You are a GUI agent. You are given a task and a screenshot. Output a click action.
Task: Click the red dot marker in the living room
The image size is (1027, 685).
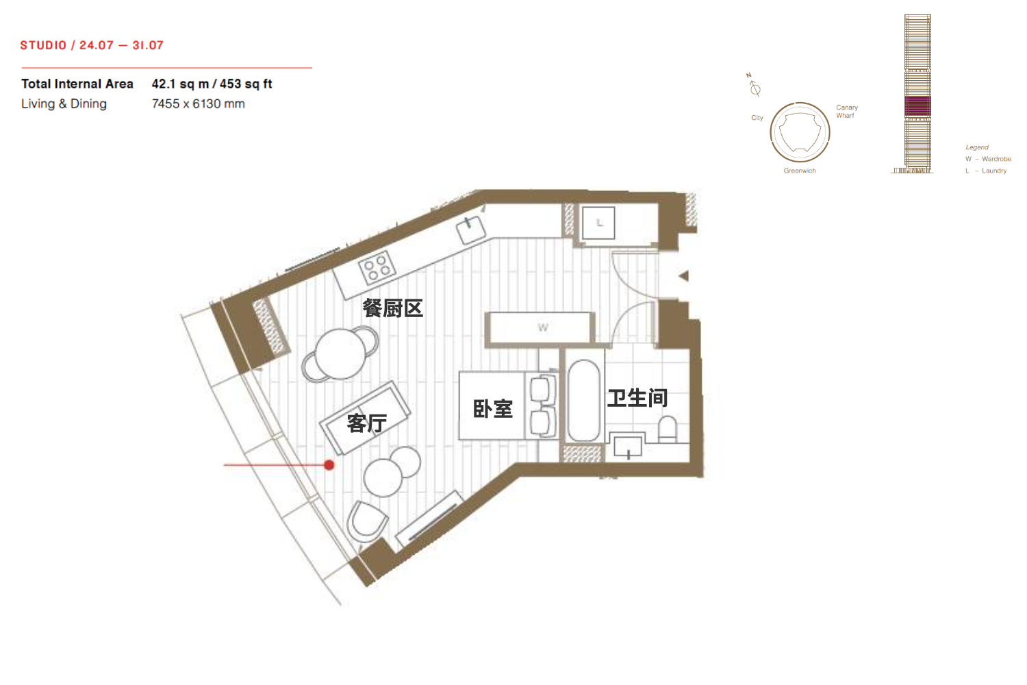[329, 464]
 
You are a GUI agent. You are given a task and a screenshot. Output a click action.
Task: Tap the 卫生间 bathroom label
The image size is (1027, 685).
[637, 398]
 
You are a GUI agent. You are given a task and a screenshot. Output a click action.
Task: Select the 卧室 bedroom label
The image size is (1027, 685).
[492, 408]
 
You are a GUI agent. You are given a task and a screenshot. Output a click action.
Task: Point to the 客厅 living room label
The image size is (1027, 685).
[366, 423]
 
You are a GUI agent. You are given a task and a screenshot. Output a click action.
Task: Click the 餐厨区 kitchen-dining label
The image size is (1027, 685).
[392, 308]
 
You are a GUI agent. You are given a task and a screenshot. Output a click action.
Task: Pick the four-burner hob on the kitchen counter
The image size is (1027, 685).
[377, 267]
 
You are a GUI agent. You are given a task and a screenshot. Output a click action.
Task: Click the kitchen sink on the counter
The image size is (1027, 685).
[471, 229]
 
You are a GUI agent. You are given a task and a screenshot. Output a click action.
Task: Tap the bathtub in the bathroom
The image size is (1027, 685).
[583, 400]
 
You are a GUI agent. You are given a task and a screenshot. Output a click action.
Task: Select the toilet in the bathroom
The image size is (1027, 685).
[667, 429]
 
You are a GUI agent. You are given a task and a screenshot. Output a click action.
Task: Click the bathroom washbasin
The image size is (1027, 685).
[628, 445]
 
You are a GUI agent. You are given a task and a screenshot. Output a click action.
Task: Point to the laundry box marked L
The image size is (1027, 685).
[598, 223]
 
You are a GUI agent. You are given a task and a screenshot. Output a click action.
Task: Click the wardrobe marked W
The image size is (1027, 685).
[540, 328]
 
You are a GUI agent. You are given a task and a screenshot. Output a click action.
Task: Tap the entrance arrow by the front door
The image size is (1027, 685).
[683, 276]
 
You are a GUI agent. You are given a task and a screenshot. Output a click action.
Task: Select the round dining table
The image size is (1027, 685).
[340, 353]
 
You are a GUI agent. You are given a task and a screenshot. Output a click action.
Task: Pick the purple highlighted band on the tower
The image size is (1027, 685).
[917, 106]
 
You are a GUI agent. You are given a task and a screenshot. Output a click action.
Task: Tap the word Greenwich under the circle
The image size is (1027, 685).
[800, 171]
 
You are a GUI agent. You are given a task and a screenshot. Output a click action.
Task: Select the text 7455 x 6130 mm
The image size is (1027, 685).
[198, 103]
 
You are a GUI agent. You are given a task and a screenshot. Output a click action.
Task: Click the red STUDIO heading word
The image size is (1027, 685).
[44, 45]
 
